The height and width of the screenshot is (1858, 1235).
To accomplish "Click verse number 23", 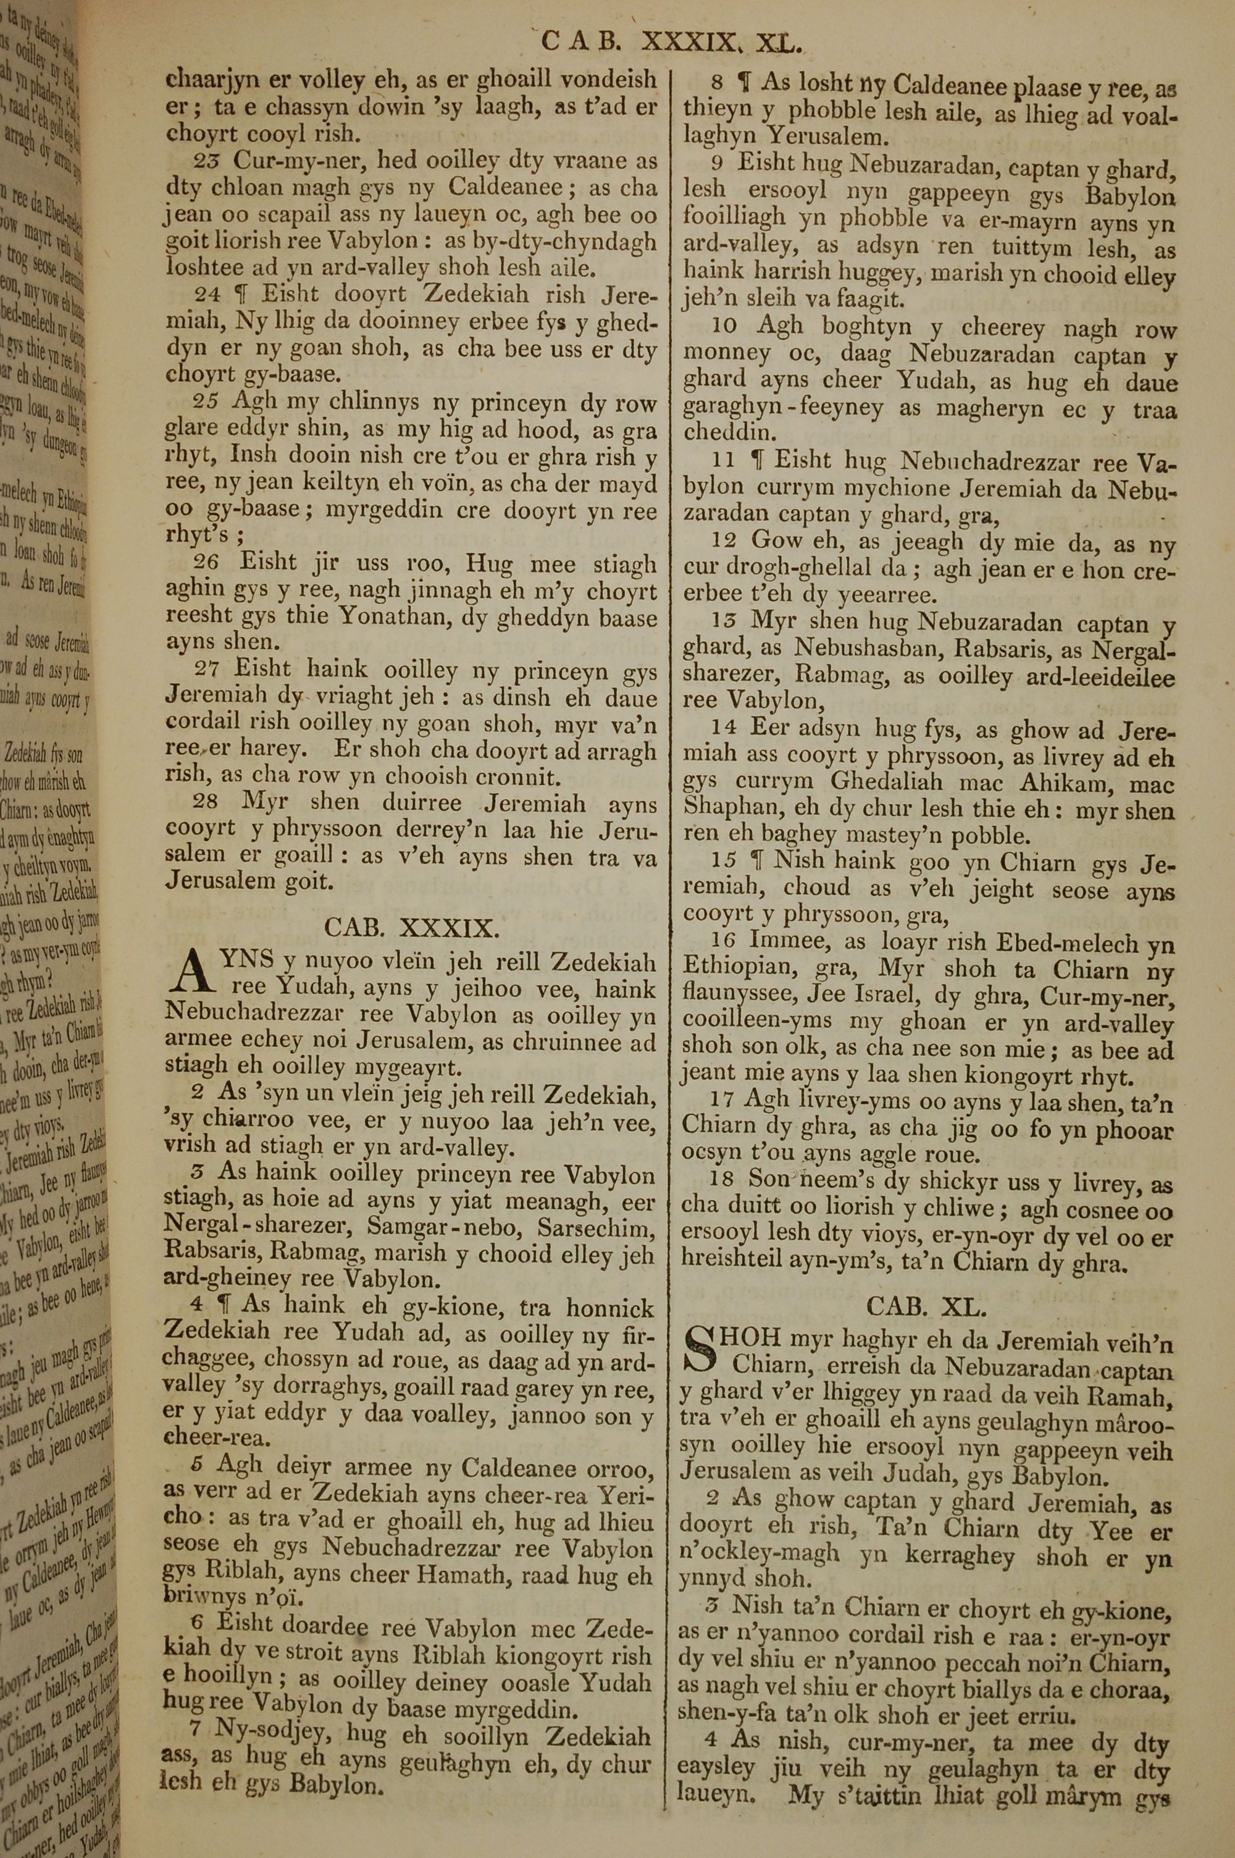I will point(207,161).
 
